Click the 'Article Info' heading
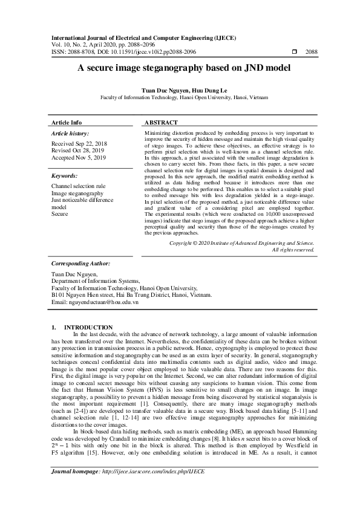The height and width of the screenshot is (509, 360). (x=67, y=122)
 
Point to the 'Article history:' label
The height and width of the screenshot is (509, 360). (x=70, y=133)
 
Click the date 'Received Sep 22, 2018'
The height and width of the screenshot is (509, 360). (x=79, y=144)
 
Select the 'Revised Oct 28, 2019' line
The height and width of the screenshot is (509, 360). (x=77, y=151)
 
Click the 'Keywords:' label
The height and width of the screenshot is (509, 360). (x=65, y=175)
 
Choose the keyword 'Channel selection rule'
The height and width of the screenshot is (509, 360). (x=78, y=186)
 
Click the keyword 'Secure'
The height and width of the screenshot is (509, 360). (x=60, y=213)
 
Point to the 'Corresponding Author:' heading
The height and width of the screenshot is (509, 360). (x=80, y=264)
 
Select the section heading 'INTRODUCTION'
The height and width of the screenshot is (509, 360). (x=88, y=327)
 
